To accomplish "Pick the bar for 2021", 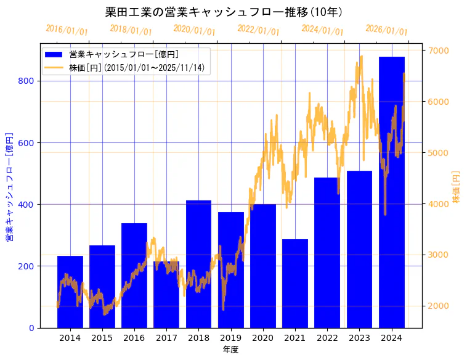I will coord(295,284).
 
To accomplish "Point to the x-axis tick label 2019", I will coord(230,338).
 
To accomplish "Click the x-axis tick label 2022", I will coord(327,338).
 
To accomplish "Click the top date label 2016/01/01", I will coord(67,30).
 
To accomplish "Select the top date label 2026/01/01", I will coord(386,30).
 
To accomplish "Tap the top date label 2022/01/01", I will coord(258,30).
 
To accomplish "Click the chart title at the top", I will coord(225,12).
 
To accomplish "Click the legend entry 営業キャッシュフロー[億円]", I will coord(124,54).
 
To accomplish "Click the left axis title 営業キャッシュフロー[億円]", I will coord(9,187).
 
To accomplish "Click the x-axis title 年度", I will coord(230,350).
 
